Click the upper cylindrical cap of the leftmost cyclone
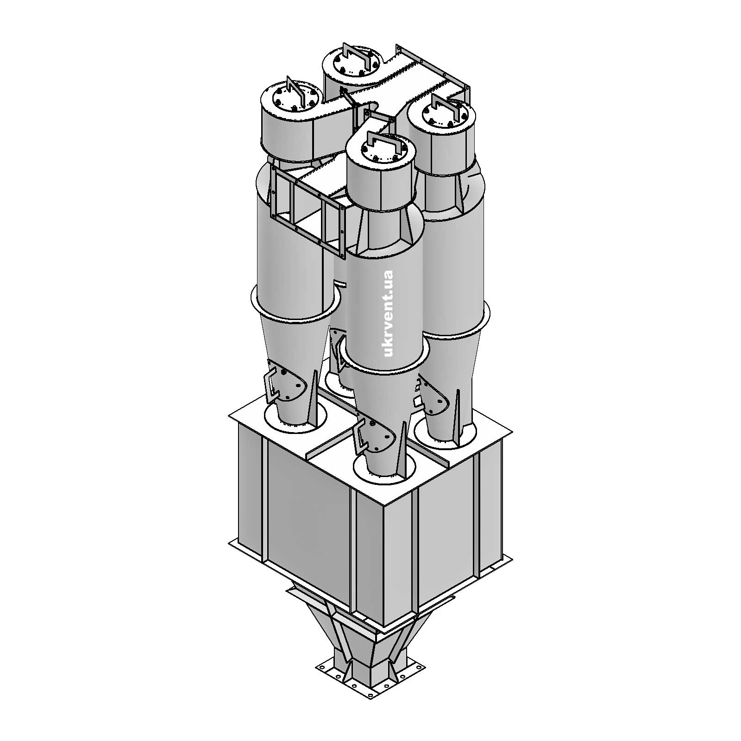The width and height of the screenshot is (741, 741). (287, 130)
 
